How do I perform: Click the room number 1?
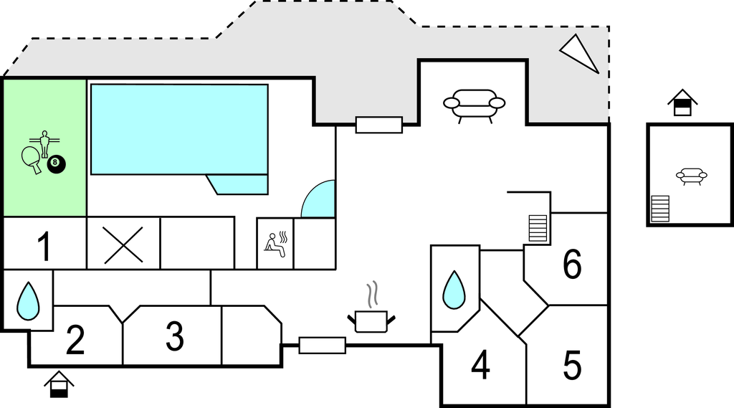coord(44,247)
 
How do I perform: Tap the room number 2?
coord(75,340)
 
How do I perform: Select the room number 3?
coord(174,336)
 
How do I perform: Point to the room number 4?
coord(480,366)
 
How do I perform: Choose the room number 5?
coord(572,366)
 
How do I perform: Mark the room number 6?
coord(572,265)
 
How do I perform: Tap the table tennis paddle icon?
coord(32,158)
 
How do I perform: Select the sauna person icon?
coord(275,242)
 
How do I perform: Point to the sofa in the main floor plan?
coord(474,105)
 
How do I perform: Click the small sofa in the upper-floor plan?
coord(692,175)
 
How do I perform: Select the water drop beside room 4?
coord(454,290)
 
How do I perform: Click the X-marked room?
coord(123,243)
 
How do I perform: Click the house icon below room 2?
coord(59,384)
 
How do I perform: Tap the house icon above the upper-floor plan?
coord(682,103)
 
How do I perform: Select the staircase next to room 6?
coord(538,227)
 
